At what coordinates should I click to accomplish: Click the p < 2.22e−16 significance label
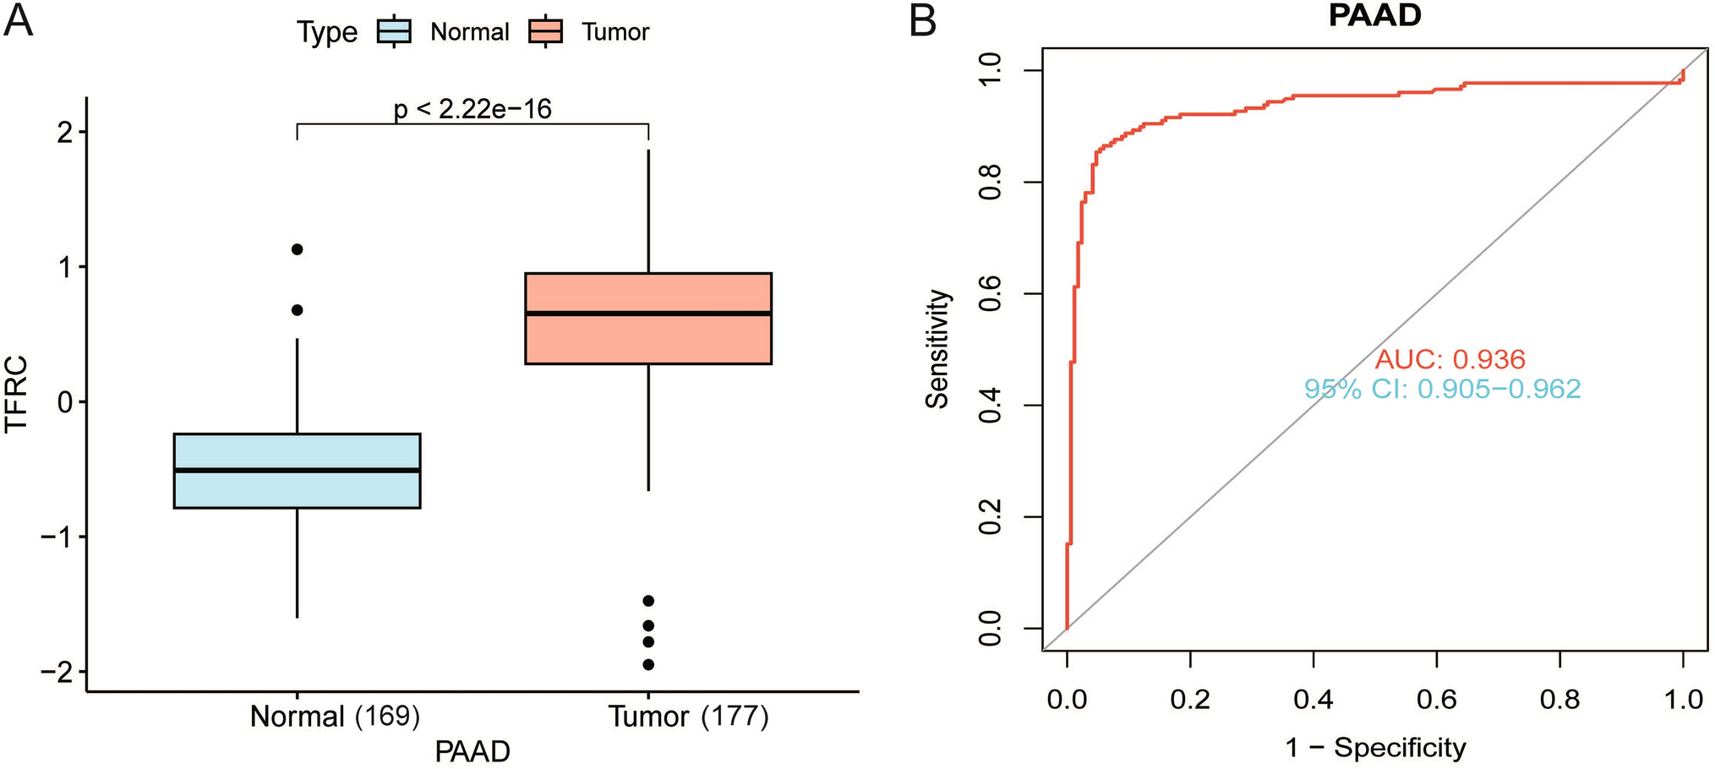click(472, 109)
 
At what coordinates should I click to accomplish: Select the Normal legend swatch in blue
click(394, 32)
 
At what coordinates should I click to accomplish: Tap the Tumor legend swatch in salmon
click(545, 32)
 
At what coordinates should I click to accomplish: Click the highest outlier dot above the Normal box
click(297, 249)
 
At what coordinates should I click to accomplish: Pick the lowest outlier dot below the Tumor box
click(648, 664)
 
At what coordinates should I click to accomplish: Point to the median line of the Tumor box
click(648, 314)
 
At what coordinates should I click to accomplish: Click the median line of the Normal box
click(297, 470)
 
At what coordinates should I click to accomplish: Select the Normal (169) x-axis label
click(335, 717)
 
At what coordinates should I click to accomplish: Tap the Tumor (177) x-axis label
click(689, 717)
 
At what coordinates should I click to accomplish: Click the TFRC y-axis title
click(17, 395)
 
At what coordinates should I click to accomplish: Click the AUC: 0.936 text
click(1450, 360)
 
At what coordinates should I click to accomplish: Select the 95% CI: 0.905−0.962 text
click(1442, 389)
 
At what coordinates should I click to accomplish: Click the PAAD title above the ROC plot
click(1374, 16)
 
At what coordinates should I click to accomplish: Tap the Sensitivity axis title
click(937, 349)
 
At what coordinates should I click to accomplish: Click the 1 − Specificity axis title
click(1375, 748)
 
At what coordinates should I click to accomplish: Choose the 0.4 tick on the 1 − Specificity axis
click(1313, 699)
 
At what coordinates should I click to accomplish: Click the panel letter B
click(922, 20)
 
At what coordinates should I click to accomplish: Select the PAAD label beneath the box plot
click(472, 751)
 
